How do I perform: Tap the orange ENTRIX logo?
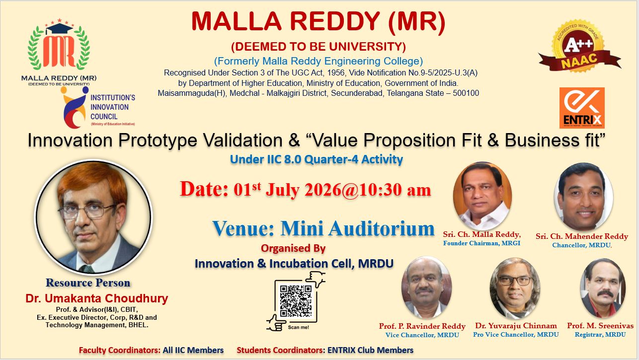coord(582,108)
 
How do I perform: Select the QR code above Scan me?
coord(296,301)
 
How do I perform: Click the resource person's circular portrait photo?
coord(93,217)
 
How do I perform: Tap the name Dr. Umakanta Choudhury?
coord(97,298)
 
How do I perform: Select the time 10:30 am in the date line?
coord(395,190)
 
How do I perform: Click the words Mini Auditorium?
coord(357,228)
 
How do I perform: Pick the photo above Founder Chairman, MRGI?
coord(482,196)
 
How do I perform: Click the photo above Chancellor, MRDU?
coord(583,197)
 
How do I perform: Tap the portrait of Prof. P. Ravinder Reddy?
coord(426,288)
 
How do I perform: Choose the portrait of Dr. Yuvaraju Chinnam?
coord(515,288)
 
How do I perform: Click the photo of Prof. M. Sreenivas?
coord(603,288)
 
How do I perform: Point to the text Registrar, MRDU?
coord(600,335)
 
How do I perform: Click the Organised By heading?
coord(293,248)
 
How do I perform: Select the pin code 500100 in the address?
coord(466,93)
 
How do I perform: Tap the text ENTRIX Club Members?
coord(370,350)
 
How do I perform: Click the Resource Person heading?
coord(88,283)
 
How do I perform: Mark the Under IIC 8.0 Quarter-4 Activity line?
coord(317,159)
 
